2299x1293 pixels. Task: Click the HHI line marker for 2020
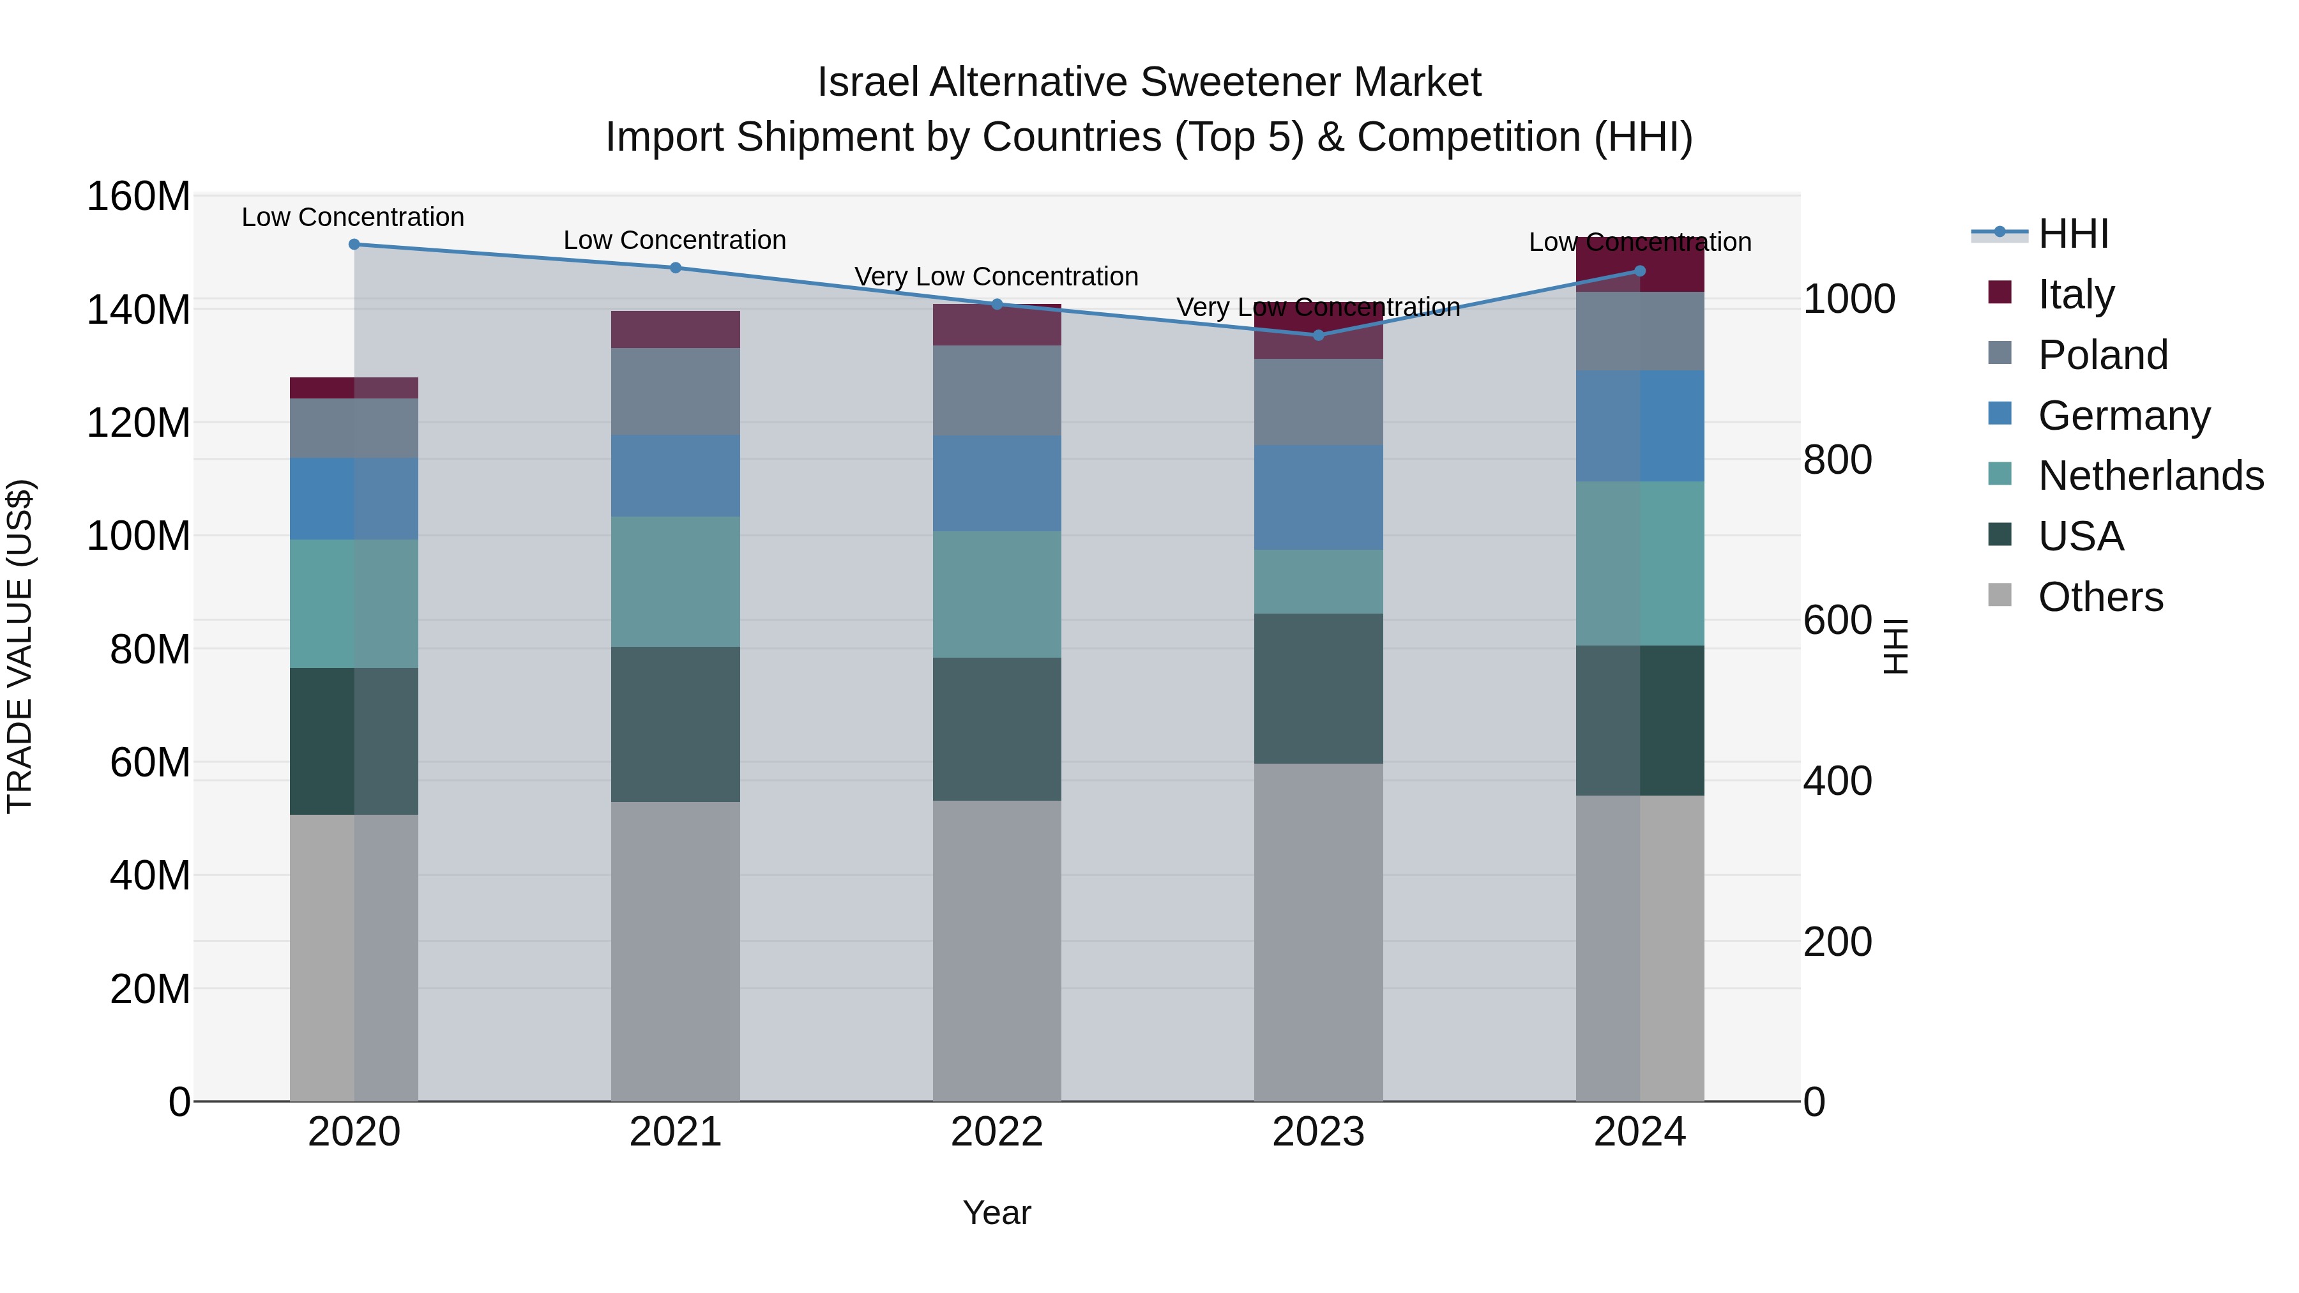354,245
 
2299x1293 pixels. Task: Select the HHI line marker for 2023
1318,335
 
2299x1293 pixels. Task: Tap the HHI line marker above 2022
997,305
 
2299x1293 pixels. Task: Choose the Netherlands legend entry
2150,476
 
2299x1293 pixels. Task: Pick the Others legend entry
2100,597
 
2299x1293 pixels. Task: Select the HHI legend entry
2072,234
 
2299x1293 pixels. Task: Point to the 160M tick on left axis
139,196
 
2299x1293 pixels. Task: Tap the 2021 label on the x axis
676,1132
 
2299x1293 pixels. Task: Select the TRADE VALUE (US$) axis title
20,646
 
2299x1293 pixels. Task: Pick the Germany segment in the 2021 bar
676,476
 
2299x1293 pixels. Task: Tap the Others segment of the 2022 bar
997,950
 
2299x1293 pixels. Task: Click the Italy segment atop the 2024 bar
1639,265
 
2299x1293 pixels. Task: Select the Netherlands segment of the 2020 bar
354,603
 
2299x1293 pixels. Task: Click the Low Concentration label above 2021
675,241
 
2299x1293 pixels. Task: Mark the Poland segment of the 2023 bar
1318,402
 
